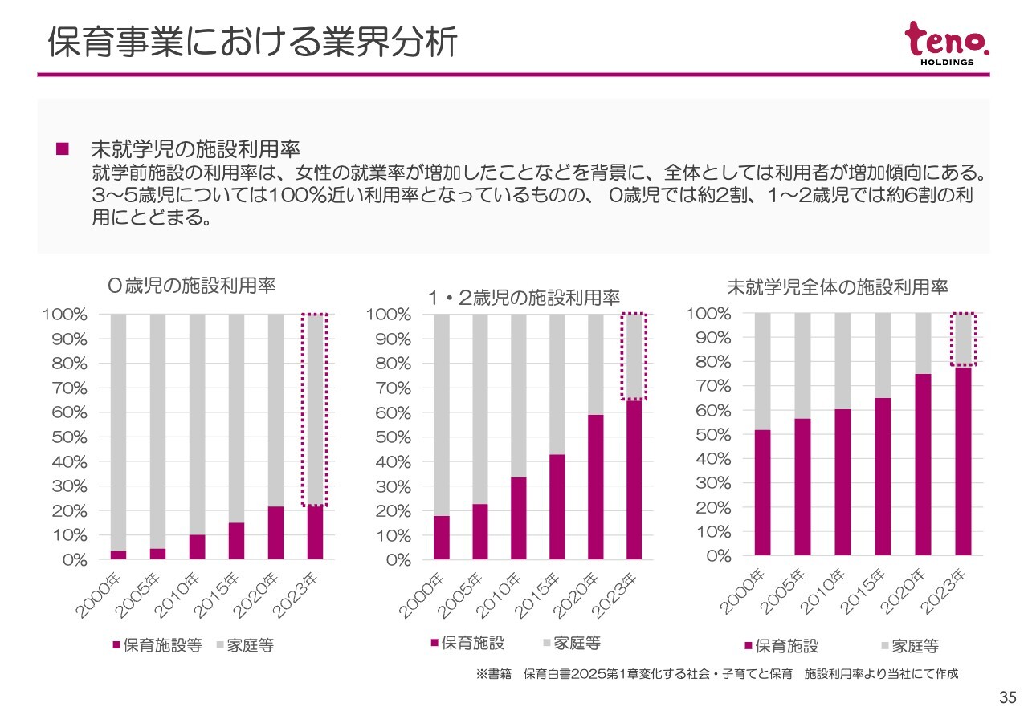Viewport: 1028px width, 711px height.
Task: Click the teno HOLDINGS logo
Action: click(947, 44)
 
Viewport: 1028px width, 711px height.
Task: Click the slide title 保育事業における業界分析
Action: click(252, 43)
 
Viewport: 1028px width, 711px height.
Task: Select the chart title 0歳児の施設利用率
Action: click(192, 285)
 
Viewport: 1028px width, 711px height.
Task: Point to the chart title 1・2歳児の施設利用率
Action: click(524, 299)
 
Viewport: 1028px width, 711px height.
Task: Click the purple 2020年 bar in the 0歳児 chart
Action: click(275, 533)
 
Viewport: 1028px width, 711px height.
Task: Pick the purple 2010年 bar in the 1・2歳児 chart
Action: click(518, 518)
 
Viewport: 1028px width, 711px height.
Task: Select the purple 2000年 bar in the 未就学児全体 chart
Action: click(762, 493)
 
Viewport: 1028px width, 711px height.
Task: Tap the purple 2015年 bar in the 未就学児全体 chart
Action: click(883, 477)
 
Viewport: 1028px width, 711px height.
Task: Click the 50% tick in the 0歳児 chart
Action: click(71, 437)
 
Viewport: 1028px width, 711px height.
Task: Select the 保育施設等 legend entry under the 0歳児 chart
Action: click(157, 645)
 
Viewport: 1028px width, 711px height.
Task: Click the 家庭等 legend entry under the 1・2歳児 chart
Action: click(571, 643)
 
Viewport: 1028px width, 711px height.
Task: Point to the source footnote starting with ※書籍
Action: click(717, 674)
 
